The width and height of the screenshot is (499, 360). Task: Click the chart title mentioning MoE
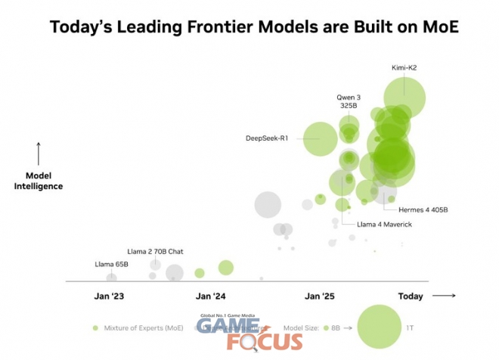[x=254, y=27]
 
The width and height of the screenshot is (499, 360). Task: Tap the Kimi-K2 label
[x=404, y=67]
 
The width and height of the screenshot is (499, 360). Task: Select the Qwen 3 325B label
[x=349, y=101]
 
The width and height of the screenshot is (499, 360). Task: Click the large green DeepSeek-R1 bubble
[x=321, y=138]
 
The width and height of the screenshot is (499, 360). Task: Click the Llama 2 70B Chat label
[x=155, y=250]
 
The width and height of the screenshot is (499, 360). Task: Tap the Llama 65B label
[x=111, y=264]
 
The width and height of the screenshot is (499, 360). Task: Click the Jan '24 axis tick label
[x=210, y=296]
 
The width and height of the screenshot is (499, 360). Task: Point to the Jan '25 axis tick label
[x=319, y=296]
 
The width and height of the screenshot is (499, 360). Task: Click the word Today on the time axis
[x=411, y=296]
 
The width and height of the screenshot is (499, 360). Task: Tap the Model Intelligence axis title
[x=39, y=181]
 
